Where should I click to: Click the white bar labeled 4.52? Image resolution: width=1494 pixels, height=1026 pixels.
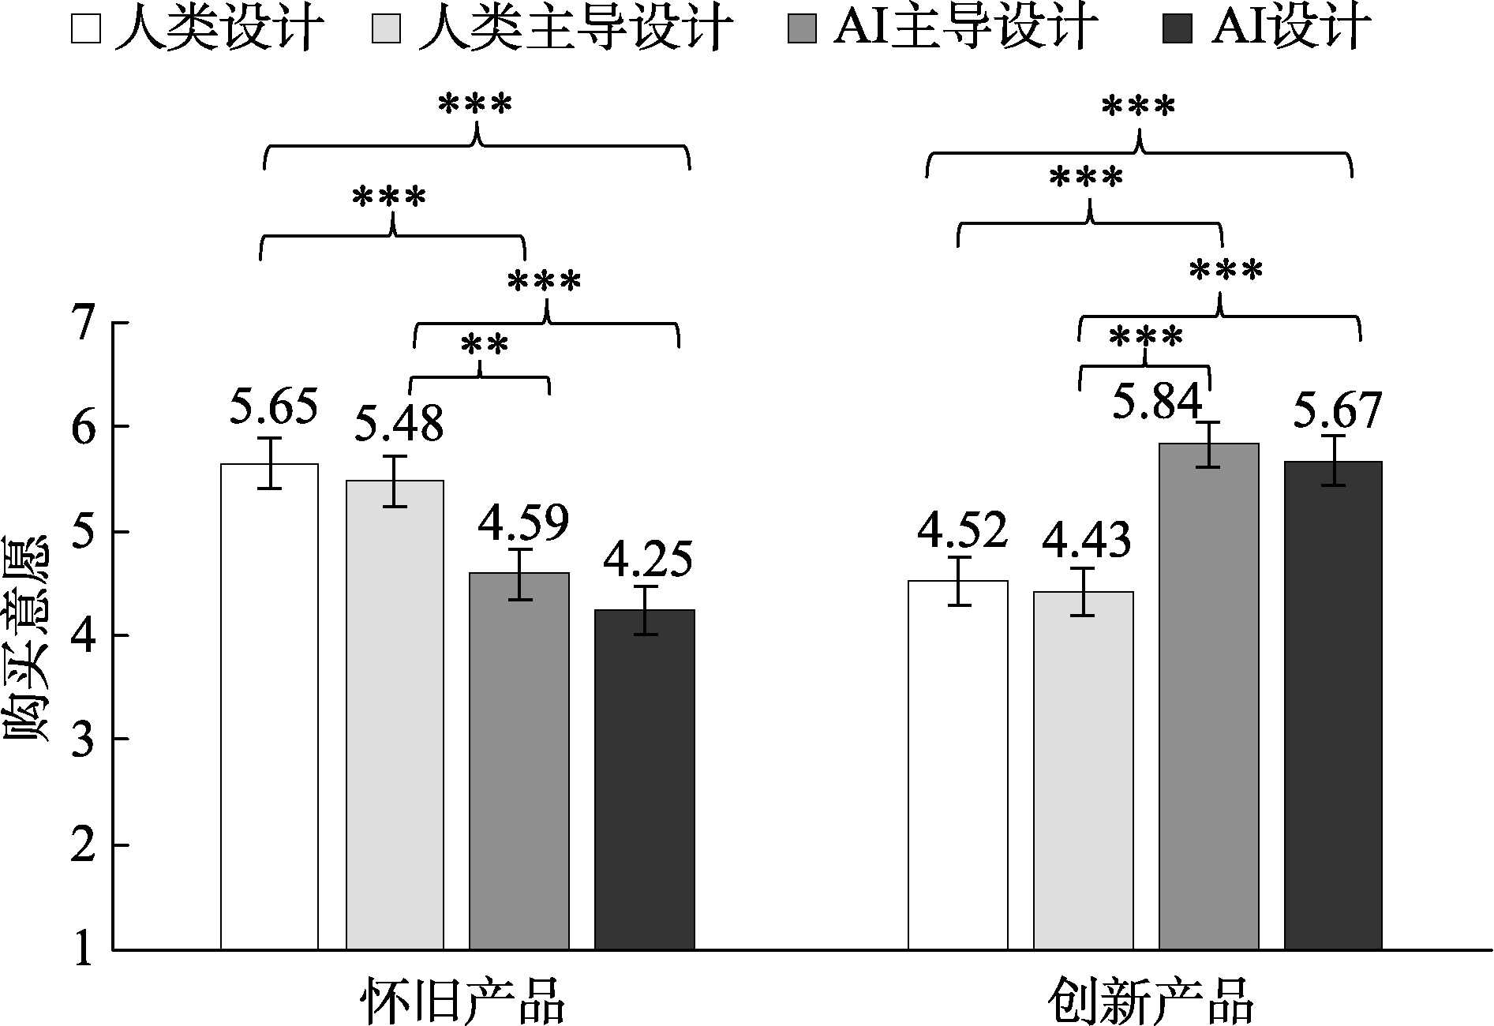pos(958,765)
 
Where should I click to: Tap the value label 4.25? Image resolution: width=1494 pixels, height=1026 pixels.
pos(648,559)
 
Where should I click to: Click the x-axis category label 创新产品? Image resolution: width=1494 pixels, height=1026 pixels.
pos(1151,1000)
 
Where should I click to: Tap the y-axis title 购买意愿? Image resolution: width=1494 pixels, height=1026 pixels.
pos(28,639)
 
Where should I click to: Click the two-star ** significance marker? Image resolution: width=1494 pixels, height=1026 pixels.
pos(483,345)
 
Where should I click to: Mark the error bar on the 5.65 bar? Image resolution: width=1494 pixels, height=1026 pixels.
pos(270,463)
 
